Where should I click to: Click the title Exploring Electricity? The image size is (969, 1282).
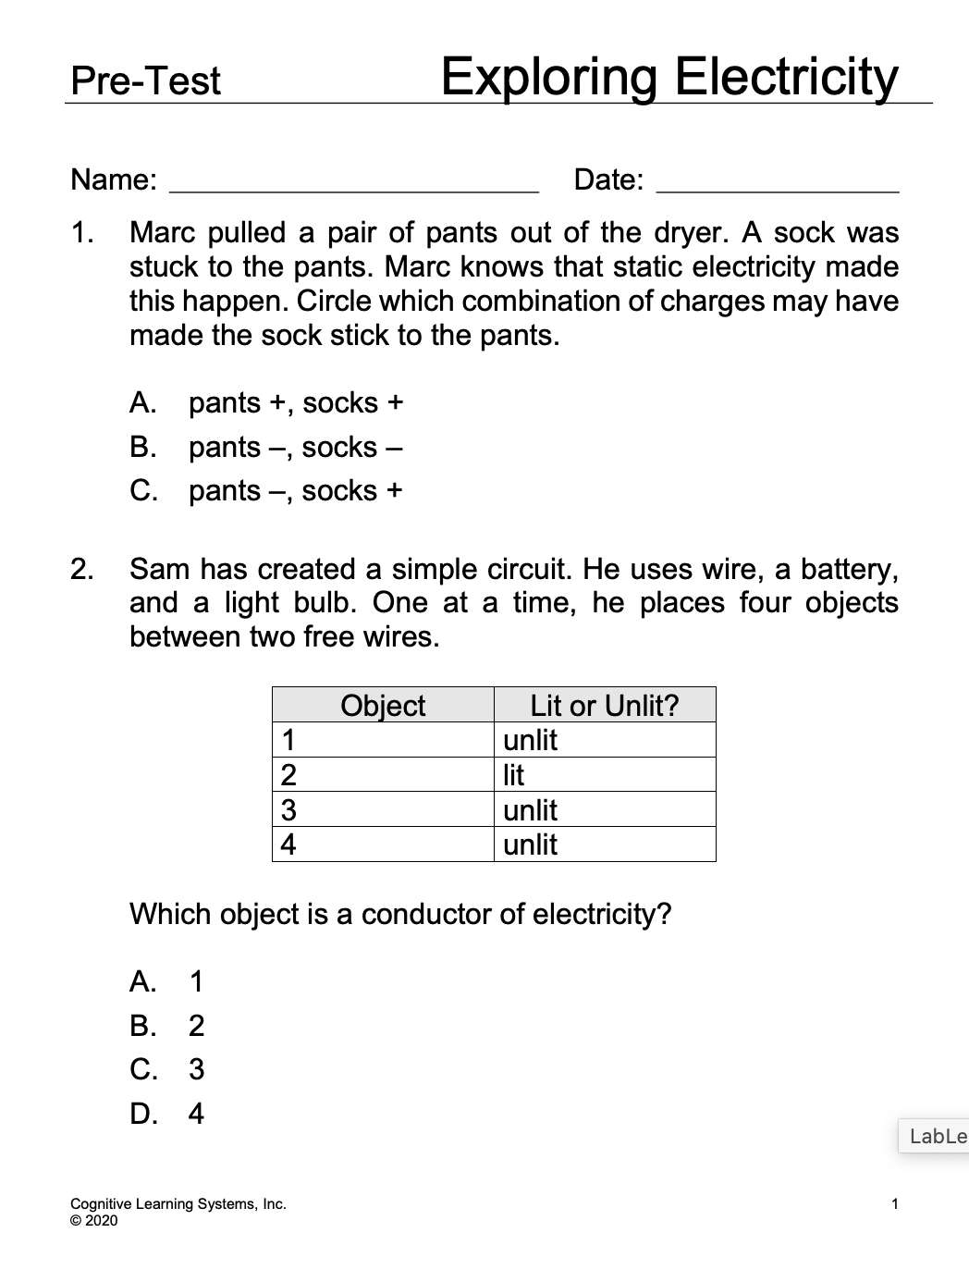pyautogui.click(x=668, y=78)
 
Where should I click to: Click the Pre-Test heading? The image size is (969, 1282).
pyautogui.click(x=146, y=81)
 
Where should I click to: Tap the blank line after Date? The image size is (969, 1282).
pyautogui.click(x=777, y=182)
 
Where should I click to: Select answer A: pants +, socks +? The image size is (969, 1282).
pyautogui.click(x=266, y=403)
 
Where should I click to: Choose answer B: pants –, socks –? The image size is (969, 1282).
pyautogui.click(x=266, y=448)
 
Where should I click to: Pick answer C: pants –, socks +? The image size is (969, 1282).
pyautogui.click(x=266, y=490)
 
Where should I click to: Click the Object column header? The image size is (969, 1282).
pyautogui.click(x=383, y=706)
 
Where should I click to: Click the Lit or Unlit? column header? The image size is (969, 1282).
pyautogui.click(x=605, y=706)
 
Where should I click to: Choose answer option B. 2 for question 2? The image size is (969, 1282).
pyautogui.click(x=167, y=1026)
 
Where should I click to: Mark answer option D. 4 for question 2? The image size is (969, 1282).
pyautogui.click(x=167, y=1114)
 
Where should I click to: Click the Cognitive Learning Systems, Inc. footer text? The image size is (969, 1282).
pyautogui.click(x=178, y=1204)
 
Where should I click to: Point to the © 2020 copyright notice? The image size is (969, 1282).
pyautogui.click(x=94, y=1221)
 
